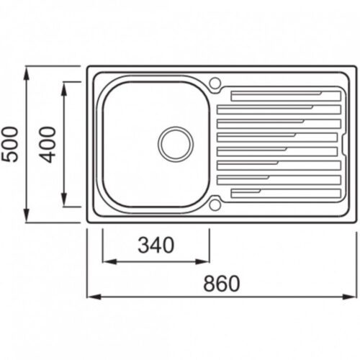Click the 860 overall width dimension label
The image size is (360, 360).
point(222,284)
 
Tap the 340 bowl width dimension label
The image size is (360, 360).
point(156,245)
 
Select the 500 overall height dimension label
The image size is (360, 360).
point(10,145)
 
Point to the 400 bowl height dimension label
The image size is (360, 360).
point(48,145)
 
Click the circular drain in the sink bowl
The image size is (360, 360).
point(176,144)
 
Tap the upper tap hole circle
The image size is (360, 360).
point(215,83)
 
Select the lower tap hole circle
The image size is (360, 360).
point(215,205)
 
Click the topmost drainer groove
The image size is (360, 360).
point(286,96)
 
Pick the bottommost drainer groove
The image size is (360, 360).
point(286,194)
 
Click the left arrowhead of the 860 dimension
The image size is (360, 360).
point(94,297)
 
